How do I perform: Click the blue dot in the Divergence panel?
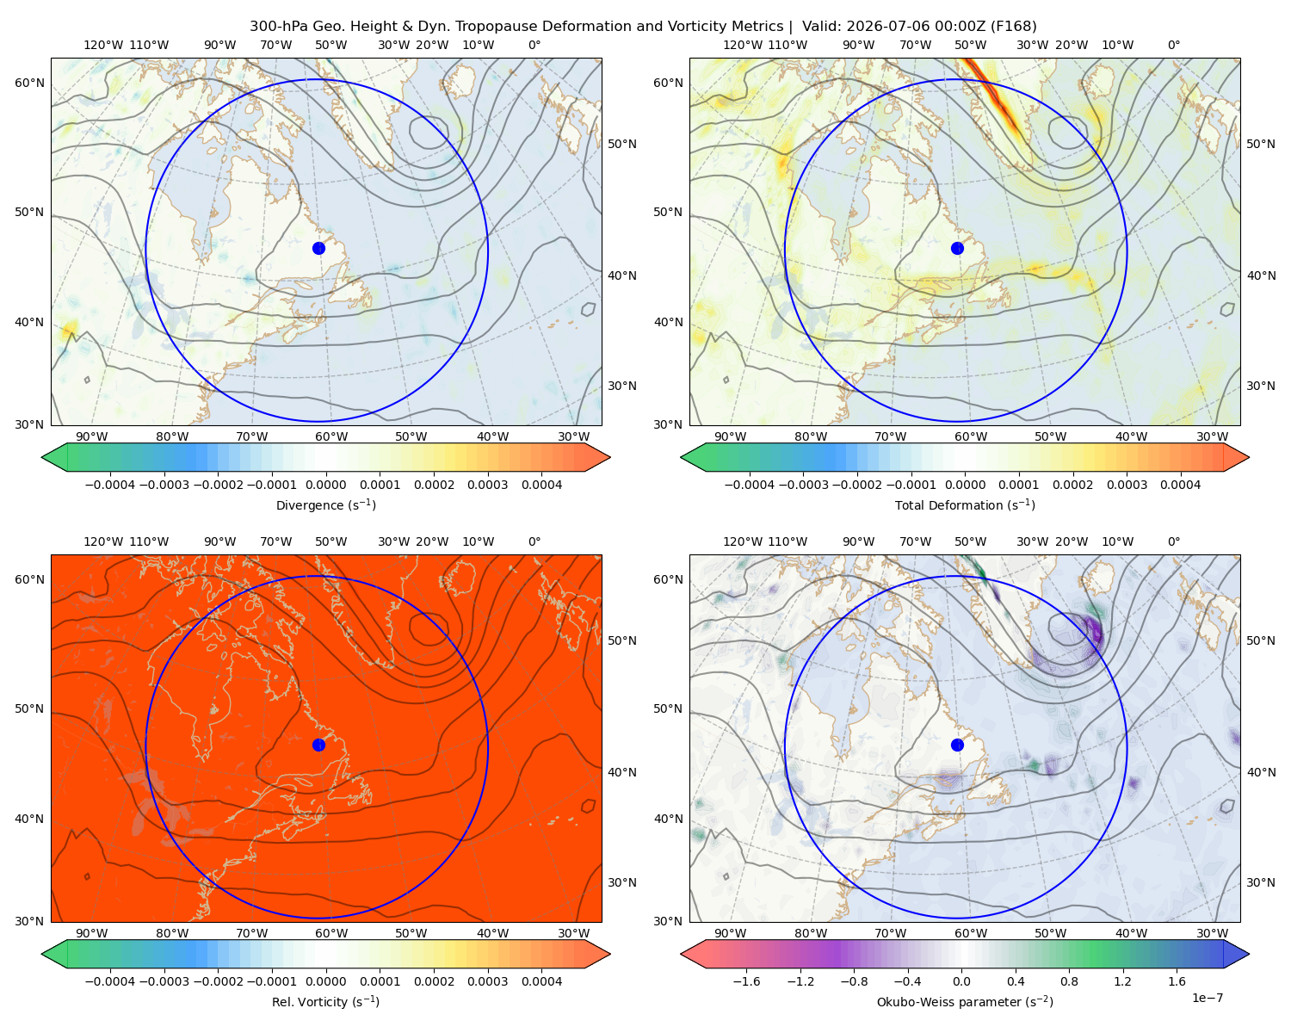click(x=318, y=248)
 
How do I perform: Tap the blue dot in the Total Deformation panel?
click(x=957, y=248)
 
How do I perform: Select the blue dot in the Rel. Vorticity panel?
click(x=318, y=745)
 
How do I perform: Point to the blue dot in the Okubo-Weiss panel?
click(x=957, y=745)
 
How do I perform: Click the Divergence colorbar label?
click(x=325, y=504)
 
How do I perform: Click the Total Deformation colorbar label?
click(x=965, y=504)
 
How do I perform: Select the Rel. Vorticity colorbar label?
click(x=325, y=1001)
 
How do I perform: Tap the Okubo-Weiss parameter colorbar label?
click(x=965, y=1001)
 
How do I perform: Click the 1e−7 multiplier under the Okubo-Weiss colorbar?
click(x=1207, y=998)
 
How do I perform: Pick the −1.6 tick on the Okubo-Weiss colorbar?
click(x=746, y=980)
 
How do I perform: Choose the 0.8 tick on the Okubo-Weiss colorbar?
click(x=1069, y=980)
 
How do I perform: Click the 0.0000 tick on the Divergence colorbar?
click(x=325, y=485)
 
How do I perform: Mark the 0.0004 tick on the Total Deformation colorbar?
click(x=1180, y=485)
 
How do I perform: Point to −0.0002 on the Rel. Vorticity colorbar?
click(x=218, y=980)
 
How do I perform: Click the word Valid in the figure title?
click(x=818, y=27)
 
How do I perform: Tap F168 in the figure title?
click(x=1013, y=27)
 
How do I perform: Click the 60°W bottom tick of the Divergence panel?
click(x=331, y=436)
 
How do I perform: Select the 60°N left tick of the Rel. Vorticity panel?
click(x=29, y=579)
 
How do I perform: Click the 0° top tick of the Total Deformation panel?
click(x=1173, y=45)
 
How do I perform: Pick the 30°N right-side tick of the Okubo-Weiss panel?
click(x=1260, y=881)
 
